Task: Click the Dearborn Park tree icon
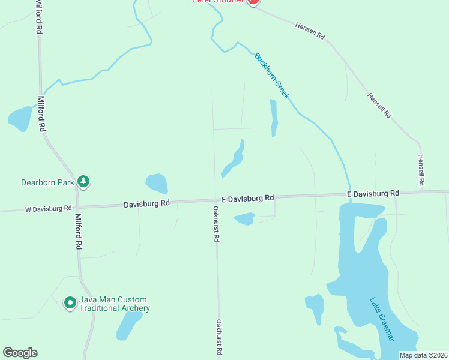tap(84, 181)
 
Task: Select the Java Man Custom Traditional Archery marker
tap(70, 303)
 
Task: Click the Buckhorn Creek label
tap(272, 76)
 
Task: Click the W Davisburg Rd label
tap(48, 209)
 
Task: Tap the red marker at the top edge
tap(253, 2)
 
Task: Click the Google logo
tap(20, 353)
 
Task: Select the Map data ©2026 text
tap(424, 355)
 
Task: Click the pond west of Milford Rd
tap(20, 118)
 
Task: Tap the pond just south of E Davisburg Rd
tap(244, 219)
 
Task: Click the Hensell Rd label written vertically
tap(421, 169)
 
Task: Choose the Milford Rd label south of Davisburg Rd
tap(78, 231)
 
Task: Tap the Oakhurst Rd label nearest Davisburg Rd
tap(216, 224)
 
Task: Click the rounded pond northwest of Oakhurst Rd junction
tap(157, 184)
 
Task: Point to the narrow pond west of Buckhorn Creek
tap(274, 117)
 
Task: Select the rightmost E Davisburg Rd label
tap(373, 194)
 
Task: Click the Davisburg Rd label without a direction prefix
tap(147, 204)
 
